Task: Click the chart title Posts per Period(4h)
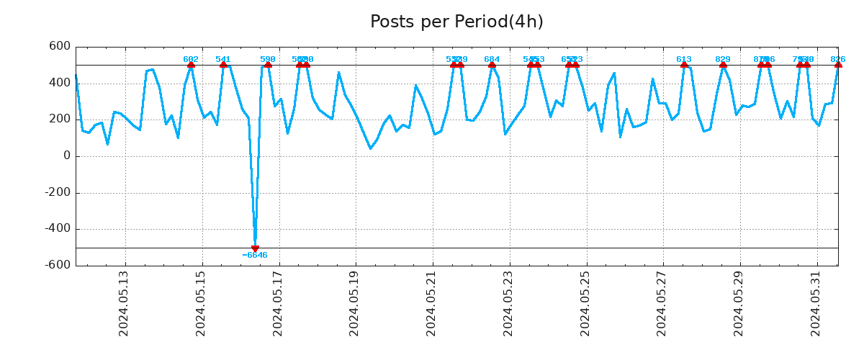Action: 456,22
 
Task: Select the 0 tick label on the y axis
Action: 67,156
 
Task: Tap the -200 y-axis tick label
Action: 58,193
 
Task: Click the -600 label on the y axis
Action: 58,266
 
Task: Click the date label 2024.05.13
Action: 124,303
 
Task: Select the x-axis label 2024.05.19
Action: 354,303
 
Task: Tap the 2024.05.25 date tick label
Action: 585,303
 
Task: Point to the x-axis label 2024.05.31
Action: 816,303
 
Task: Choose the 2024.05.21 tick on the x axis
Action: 431,303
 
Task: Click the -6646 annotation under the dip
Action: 255,256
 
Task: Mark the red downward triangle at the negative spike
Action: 255,248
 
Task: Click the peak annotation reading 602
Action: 191,60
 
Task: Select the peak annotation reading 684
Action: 492,60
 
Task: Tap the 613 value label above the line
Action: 684,60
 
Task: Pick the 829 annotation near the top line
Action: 723,60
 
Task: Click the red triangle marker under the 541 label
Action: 223,65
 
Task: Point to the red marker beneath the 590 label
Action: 268,65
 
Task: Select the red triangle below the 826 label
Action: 838,65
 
